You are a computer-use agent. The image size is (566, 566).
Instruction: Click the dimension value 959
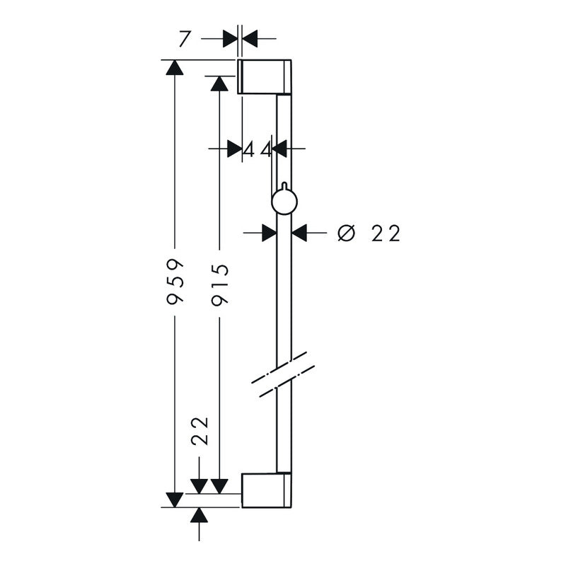coord(175,282)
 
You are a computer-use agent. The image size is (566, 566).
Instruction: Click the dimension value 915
coord(220,285)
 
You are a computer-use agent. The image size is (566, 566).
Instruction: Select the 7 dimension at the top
coord(184,40)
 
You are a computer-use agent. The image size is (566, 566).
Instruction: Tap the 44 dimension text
coord(258,149)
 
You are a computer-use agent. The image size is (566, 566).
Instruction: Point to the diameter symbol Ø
coord(347,233)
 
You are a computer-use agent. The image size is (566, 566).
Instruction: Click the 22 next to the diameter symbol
coord(386,233)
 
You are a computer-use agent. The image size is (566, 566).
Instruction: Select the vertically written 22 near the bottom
coord(200,431)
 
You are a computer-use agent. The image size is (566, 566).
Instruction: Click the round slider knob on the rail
coord(284,202)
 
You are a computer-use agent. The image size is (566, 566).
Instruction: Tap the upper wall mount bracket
coord(264,76)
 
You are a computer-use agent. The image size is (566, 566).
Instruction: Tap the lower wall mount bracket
coord(267,490)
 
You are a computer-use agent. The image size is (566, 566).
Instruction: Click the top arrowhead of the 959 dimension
coord(175,67)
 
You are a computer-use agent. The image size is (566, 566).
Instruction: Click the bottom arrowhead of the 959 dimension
coord(174,499)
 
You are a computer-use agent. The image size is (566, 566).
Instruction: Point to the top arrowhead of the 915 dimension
coord(219,83)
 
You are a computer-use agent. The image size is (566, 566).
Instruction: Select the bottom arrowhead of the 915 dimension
coord(219,486)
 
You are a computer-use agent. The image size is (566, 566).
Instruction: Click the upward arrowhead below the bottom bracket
coord(200,515)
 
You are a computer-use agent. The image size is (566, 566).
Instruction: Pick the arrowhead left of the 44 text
coord(235,149)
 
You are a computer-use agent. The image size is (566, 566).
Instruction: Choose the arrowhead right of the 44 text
coord(279,149)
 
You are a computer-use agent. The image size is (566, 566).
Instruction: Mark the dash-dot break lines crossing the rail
coord(283,375)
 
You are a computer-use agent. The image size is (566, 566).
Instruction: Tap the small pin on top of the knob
coord(284,185)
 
